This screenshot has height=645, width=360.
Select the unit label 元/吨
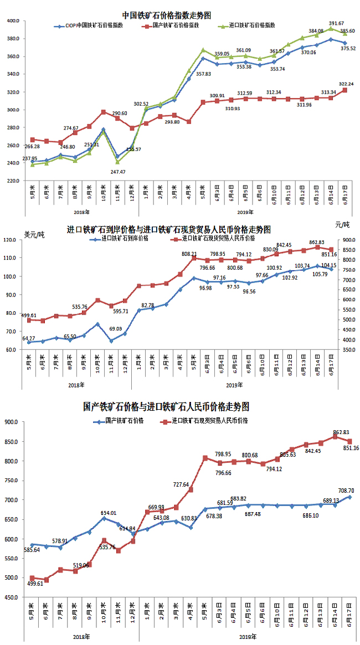tap(342, 224)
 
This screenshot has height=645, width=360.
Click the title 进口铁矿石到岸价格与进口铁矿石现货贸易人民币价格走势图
tap(169, 229)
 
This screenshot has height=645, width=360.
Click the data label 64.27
tap(28, 338)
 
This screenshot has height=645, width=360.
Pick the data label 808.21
tap(191, 254)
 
